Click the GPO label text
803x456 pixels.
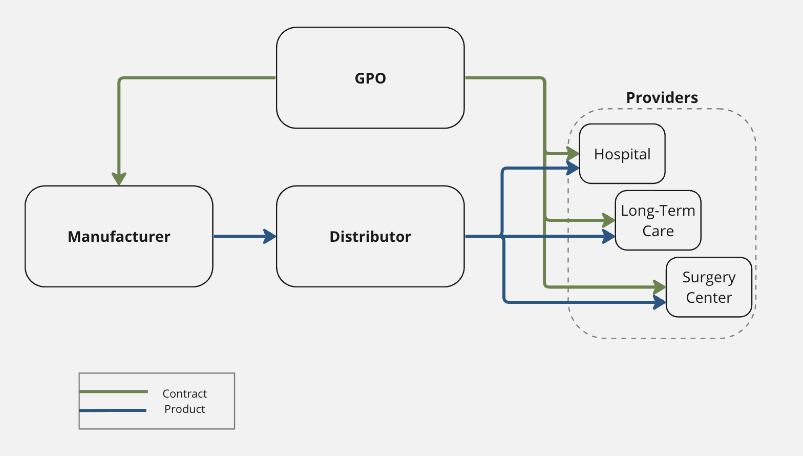tap(370, 78)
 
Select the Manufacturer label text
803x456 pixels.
tap(119, 237)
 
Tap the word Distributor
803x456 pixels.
tap(370, 237)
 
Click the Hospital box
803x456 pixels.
tap(622, 154)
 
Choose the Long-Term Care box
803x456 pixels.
tap(658, 220)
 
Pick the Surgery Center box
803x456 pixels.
tap(709, 287)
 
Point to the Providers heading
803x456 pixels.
tap(662, 98)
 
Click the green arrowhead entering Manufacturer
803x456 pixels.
tap(119, 178)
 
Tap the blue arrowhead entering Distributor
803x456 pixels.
tap(270, 236)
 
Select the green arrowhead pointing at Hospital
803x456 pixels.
tap(573, 153)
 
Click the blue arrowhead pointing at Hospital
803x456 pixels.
tap(573, 168)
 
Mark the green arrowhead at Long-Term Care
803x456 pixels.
tap(608, 220)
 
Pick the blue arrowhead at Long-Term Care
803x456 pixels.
tap(608, 236)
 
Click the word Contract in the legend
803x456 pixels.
tap(184, 393)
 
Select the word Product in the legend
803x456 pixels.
tap(184, 409)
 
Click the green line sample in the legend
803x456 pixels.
tap(114, 391)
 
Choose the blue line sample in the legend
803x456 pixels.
tap(113, 410)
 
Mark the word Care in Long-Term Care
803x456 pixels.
tap(658, 231)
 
